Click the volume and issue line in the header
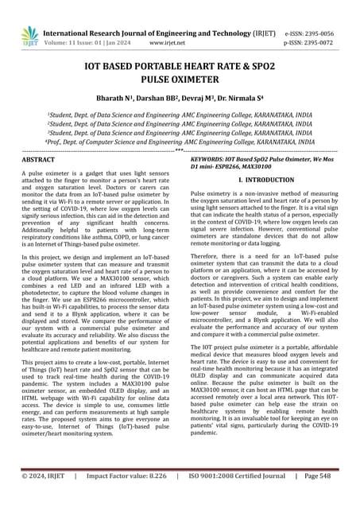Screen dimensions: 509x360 coord(98,22)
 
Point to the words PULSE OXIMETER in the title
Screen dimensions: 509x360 coord(180,80)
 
